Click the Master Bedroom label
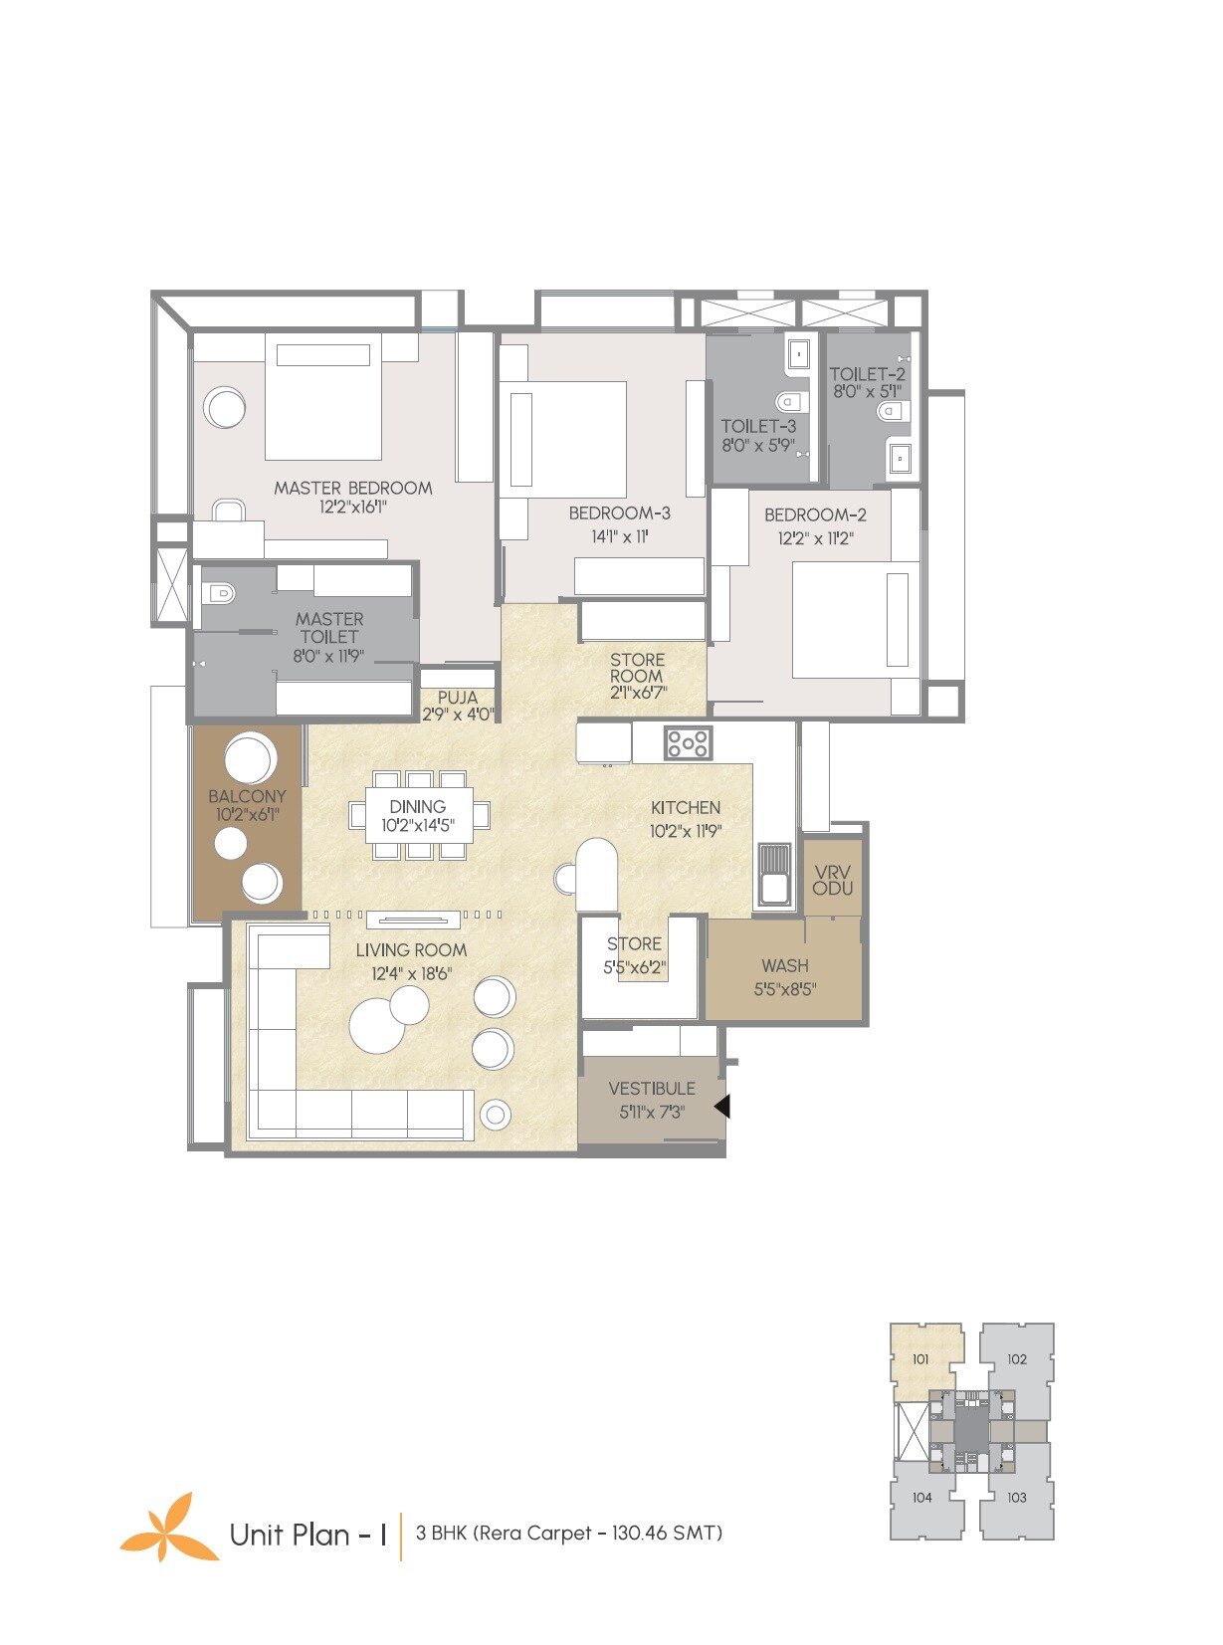click(352, 488)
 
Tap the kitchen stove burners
click(688, 742)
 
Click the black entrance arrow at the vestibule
click(722, 1106)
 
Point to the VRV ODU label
click(832, 880)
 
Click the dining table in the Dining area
click(418, 815)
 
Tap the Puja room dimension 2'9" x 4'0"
click(457, 714)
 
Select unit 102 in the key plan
click(1016, 1358)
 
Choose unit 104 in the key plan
click(921, 1497)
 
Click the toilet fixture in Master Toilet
click(218, 594)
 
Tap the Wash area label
click(784, 965)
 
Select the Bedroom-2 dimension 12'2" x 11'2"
click(815, 538)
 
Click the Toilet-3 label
click(758, 426)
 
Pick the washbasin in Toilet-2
click(900, 458)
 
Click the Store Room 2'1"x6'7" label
click(637, 676)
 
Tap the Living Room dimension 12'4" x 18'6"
click(411, 973)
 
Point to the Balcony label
click(247, 796)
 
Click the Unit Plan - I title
click(307, 1534)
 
